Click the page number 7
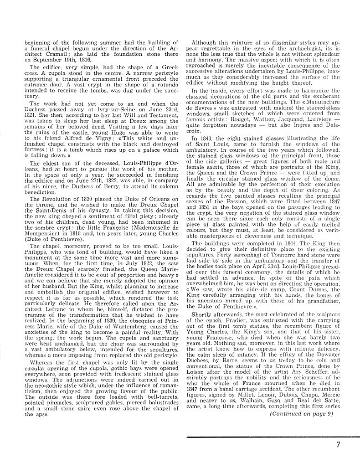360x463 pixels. [x=337, y=444]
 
